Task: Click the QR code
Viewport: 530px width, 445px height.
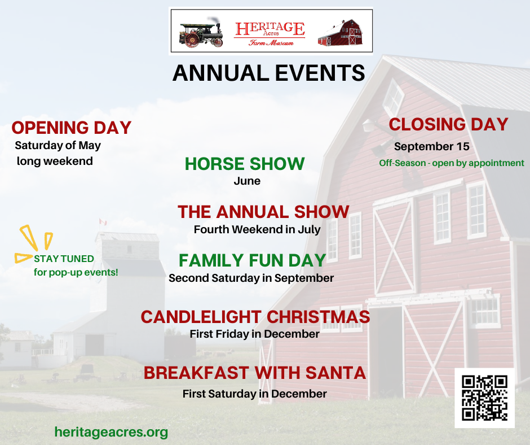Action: pos(484,398)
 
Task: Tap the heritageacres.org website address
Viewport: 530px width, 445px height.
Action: pos(111,433)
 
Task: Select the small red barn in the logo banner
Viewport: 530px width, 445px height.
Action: pos(340,33)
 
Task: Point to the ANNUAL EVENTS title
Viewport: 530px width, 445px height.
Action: pos(269,73)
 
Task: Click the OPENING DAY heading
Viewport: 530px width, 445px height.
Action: pos(71,128)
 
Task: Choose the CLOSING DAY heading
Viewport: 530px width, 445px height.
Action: pos(449,124)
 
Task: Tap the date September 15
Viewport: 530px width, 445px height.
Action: pos(432,146)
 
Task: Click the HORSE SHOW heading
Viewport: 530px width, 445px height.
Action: pos(245,164)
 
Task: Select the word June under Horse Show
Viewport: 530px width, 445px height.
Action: pos(247,181)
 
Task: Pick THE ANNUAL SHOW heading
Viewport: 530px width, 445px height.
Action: pos(263,212)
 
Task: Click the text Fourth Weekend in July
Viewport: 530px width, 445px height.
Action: pos(257,230)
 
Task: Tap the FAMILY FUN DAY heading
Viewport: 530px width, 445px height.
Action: pos(252,260)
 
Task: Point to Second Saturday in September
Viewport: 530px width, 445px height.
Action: pos(251,278)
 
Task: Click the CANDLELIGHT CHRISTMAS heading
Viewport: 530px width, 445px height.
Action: pos(255,317)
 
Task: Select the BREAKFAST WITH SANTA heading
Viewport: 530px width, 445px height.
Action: pos(255,373)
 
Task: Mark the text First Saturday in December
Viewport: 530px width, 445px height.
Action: pos(254,394)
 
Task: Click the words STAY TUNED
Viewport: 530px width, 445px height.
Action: pos(64,259)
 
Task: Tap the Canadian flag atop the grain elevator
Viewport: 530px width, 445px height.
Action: pos(103,222)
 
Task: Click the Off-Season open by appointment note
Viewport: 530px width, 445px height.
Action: pos(452,163)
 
